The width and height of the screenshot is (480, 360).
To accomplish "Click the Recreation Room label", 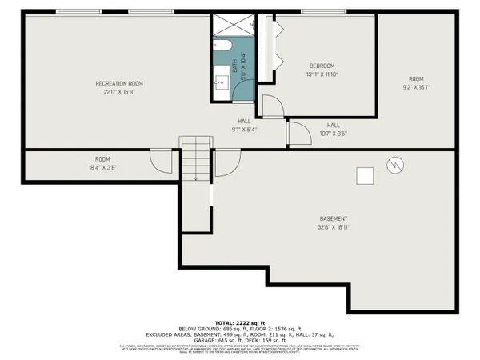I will [x=119, y=83].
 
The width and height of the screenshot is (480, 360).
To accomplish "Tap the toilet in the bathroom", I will [x=223, y=46].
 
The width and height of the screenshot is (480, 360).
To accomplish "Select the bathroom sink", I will [x=221, y=81].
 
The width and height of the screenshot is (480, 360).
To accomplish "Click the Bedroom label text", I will [x=322, y=66].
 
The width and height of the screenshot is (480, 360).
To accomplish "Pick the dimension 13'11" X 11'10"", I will [x=322, y=74].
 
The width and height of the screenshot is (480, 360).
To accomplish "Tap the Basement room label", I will [x=334, y=218].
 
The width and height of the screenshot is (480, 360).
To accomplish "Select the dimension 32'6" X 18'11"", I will [x=334, y=226].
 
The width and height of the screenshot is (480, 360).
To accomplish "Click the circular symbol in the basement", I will [x=393, y=165].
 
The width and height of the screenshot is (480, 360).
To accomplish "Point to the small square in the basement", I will [x=365, y=175].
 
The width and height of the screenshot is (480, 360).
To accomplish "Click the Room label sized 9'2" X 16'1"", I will [x=415, y=78].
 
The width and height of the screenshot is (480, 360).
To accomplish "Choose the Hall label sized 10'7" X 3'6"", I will [x=333, y=125].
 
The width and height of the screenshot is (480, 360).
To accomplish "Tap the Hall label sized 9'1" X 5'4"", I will [x=244, y=122].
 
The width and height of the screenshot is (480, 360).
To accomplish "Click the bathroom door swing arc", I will [x=272, y=104].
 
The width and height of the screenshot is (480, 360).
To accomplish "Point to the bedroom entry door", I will [x=298, y=134].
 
